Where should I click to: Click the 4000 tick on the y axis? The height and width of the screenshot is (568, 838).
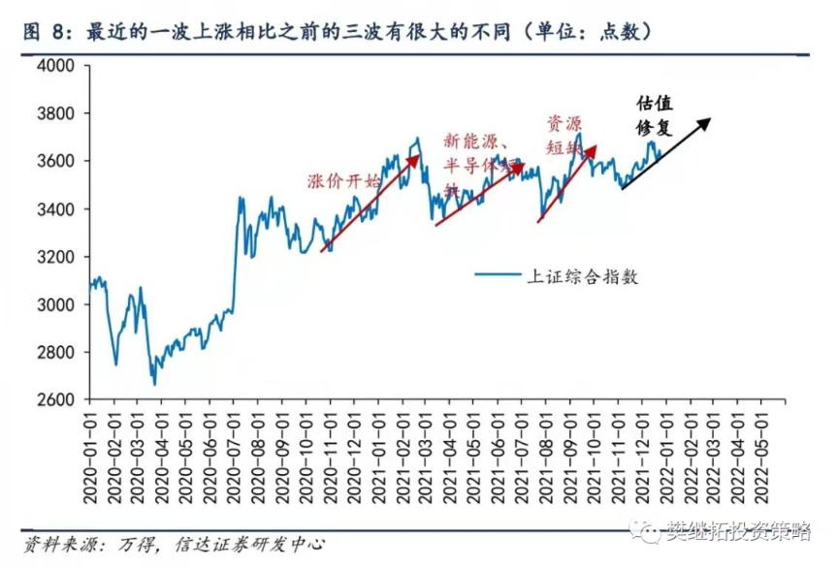tap(57, 65)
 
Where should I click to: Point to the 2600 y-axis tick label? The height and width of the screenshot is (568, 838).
tap(57, 399)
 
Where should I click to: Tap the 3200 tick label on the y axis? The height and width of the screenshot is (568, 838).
tap(57, 256)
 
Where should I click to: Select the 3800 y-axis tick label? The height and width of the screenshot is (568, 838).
tap(57, 113)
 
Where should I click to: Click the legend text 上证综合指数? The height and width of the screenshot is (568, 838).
tap(582, 275)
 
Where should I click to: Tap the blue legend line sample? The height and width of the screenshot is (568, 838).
tap(498, 275)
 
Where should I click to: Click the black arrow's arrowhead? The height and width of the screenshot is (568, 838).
tap(707, 121)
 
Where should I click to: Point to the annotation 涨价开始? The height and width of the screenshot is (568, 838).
tap(343, 181)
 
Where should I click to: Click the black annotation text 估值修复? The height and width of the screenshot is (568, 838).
tap(654, 115)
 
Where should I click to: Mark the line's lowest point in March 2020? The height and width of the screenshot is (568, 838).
tap(154, 384)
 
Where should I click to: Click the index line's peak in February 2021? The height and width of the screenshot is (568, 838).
tap(417, 139)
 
